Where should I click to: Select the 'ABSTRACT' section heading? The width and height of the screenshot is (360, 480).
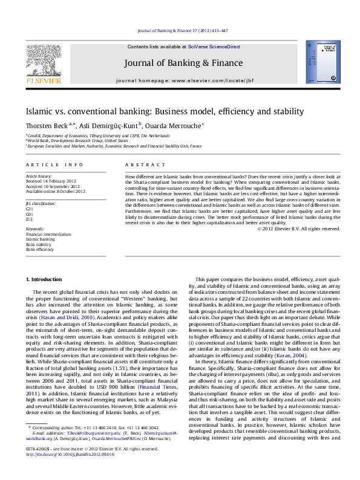tap(141, 164)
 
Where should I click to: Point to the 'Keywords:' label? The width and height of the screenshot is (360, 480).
tap(35, 230)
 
